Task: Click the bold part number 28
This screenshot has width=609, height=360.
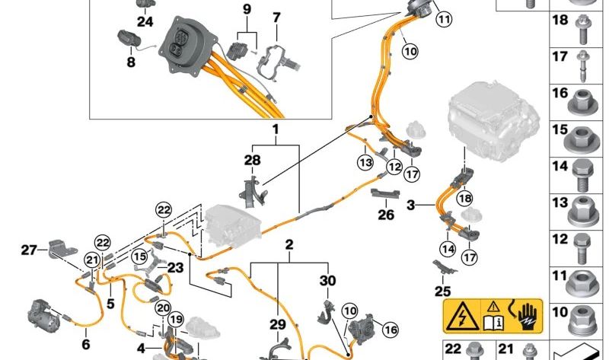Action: pyautogui.click(x=253, y=160)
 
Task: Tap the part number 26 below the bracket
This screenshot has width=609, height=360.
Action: pyautogui.click(x=386, y=215)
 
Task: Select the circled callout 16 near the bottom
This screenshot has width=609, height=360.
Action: pyautogui.click(x=391, y=330)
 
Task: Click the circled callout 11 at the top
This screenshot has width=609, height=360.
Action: pyautogui.click(x=444, y=18)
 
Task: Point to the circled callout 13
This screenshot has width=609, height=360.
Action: pyautogui.click(x=365, y=162)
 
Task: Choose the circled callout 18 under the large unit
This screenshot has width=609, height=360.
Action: pyautogui.click(x=465, y=199)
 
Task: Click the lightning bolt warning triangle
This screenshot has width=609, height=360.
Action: pyautogui.click(x=462, y=317)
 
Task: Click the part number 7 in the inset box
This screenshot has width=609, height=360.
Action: pyautogui.click(x=276, y=18)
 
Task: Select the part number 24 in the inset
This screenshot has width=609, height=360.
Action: pyautogui.click(x=145, y=21)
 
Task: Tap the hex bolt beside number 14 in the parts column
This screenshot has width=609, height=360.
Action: pyautogui.click(x=582, y=177)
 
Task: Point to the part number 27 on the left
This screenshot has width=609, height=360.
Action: pyautogui.click(x=29, y=250)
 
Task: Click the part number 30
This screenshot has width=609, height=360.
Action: pyautogui.click(x=327, y=280)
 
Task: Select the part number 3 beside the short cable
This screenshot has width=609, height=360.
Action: pyautogui.click(x=411, y=205)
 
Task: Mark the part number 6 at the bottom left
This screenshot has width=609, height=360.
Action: pyautogui.click(x=86, y=344)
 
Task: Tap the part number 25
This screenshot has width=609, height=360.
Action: pyautogui.click(x=442, y=291)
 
